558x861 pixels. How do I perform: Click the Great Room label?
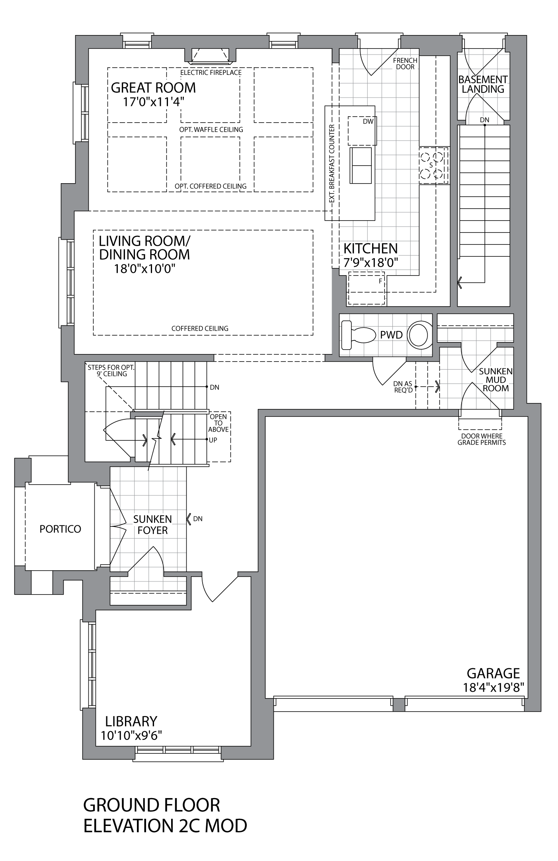153,88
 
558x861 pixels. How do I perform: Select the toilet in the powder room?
359,335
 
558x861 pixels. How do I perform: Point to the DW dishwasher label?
368,121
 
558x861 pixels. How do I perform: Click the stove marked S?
433,165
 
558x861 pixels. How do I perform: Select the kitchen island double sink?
361,166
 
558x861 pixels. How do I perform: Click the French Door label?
405,64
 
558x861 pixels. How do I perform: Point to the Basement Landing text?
483,84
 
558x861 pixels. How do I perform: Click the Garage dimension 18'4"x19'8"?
493,687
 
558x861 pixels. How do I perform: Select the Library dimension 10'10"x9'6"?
131,735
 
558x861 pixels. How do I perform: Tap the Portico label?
60,529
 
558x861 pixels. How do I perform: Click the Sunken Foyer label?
152,524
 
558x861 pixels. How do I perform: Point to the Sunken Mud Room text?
496,380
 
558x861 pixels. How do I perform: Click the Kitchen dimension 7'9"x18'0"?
371,262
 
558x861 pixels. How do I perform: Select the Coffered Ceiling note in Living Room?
200,329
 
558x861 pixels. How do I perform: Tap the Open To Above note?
219,423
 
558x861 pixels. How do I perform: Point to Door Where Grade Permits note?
482,439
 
